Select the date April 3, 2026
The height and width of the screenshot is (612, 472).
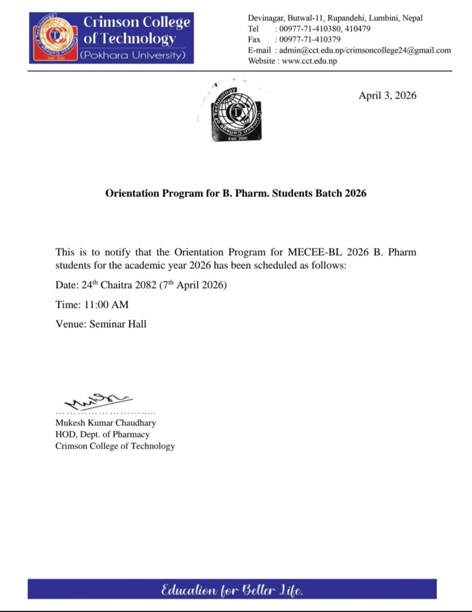click(387, 96)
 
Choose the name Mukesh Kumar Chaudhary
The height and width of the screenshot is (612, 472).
click(105, 423)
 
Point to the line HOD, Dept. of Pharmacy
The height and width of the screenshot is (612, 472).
click(102, 434)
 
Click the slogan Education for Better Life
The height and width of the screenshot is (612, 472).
click(232, 590)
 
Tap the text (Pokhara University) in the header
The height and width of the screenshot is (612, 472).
click(133, 55)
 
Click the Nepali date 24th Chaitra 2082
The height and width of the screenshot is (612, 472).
click(119, 285)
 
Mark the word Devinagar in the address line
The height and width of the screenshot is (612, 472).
click(268, 18)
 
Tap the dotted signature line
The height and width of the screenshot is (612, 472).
click(105, 412)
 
